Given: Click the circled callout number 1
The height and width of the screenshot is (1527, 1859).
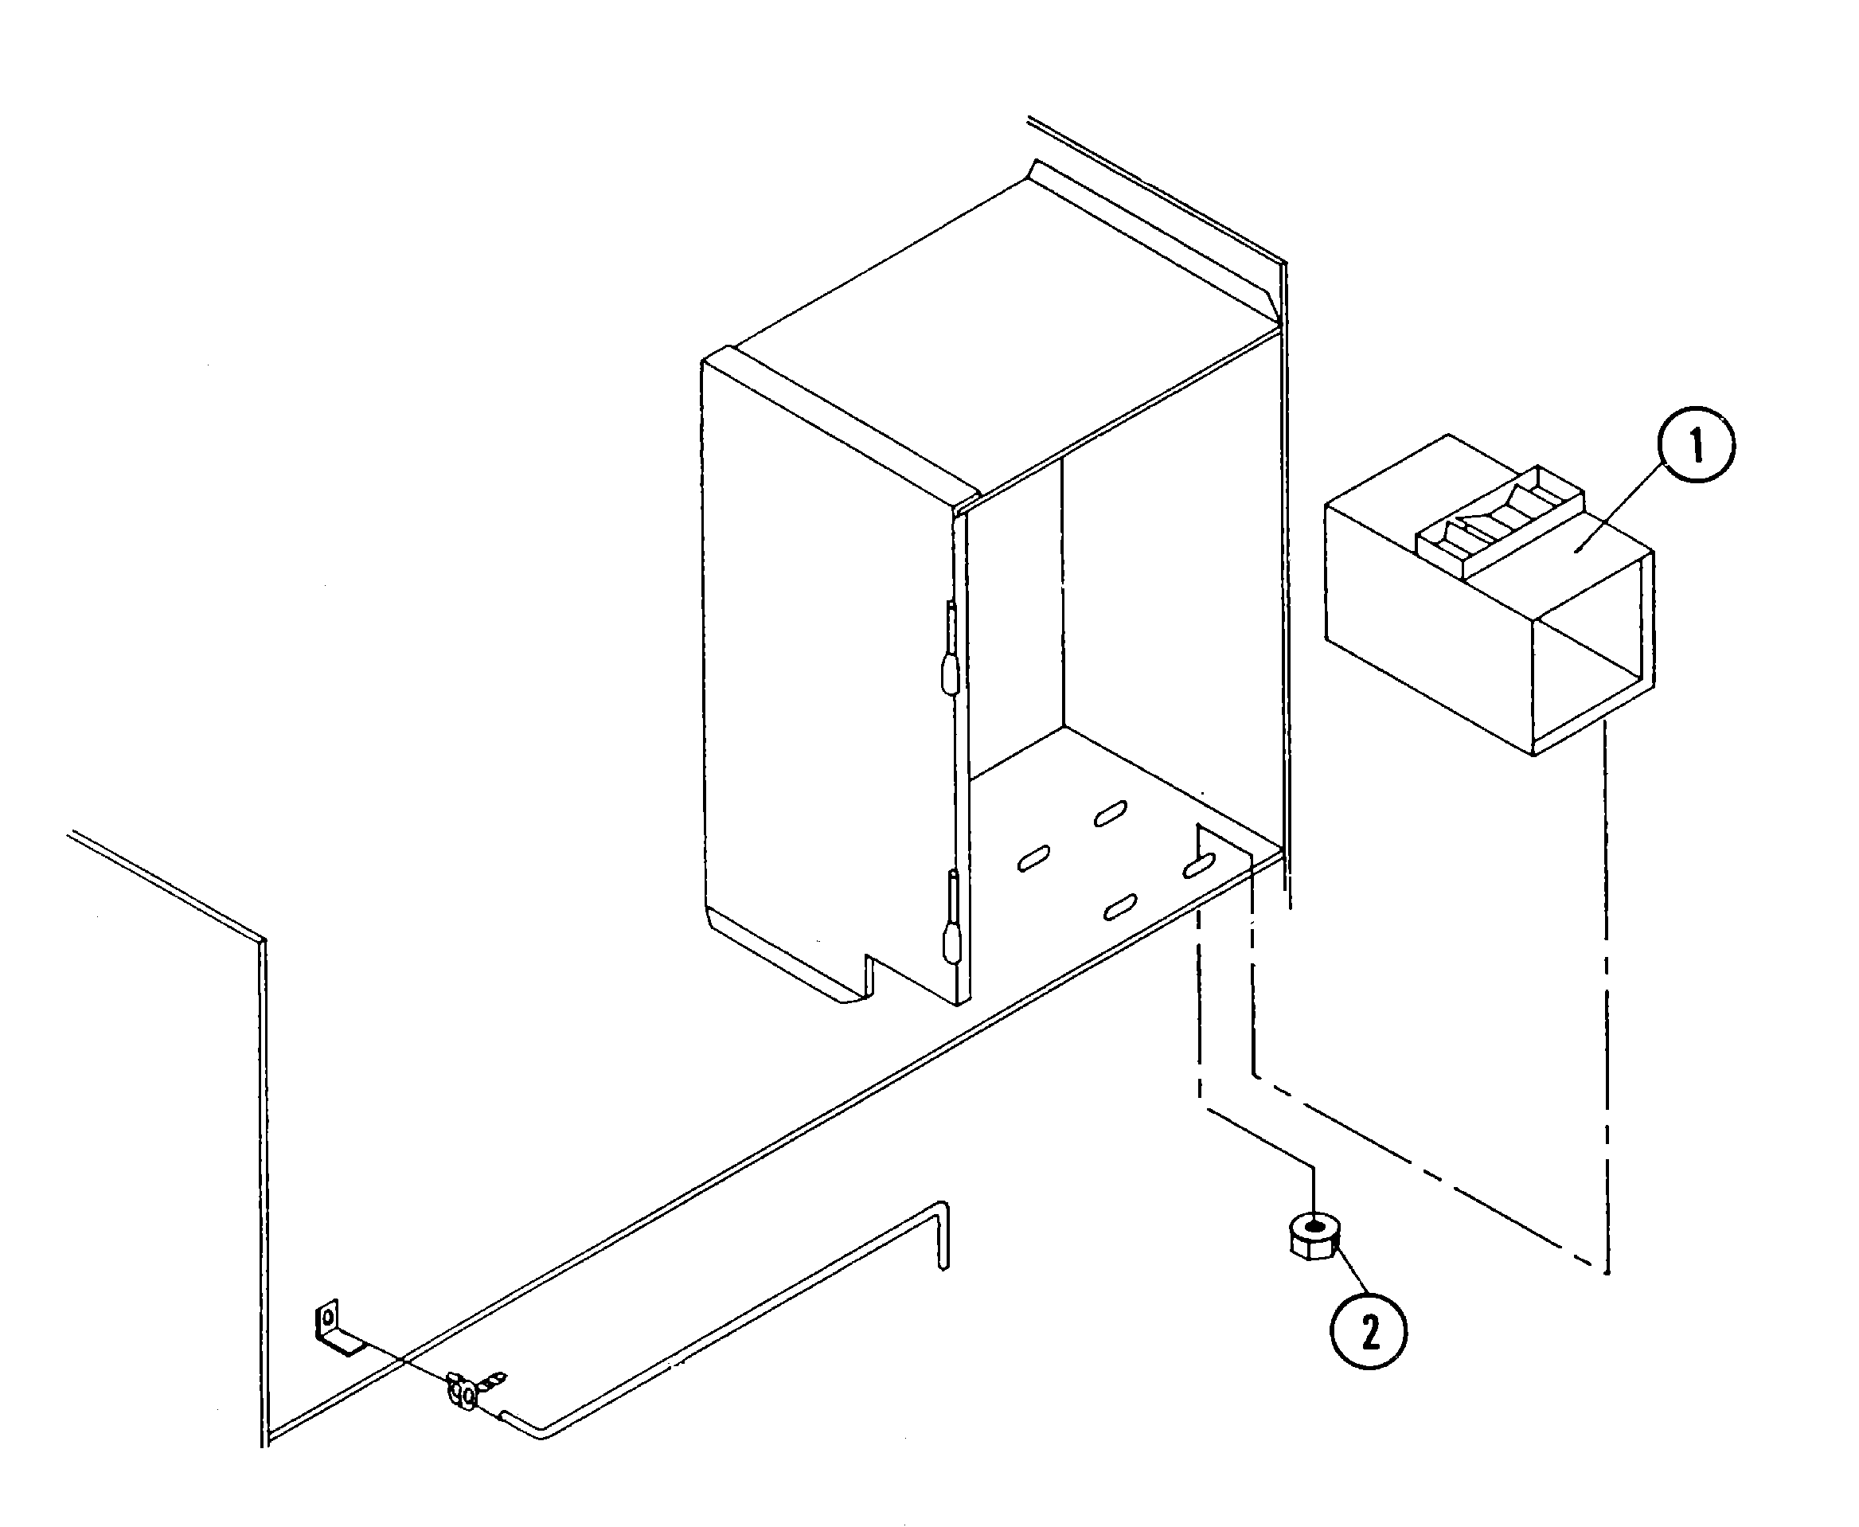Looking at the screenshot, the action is coord(1696,443).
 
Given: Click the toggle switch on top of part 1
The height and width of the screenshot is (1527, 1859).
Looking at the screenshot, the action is coord(1499,521).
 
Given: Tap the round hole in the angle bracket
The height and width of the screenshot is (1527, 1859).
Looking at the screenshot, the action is coord(328,1318).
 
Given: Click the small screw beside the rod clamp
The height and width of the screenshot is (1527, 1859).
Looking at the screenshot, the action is coord(494,1378).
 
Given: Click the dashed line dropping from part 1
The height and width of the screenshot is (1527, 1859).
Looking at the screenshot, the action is coord(1607,1003).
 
